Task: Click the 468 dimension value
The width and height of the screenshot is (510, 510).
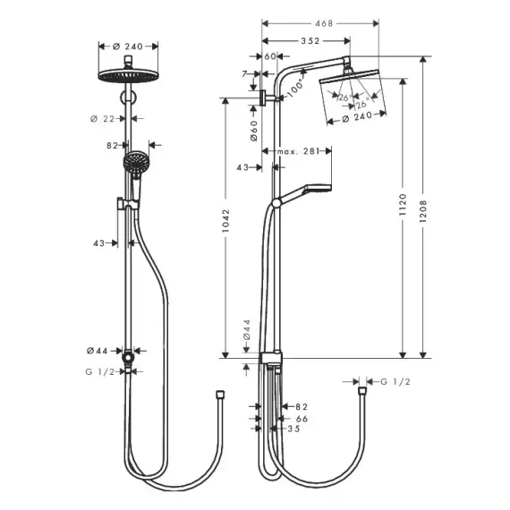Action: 324,23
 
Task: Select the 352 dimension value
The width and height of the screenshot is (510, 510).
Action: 310,41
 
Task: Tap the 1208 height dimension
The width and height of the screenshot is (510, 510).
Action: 422,211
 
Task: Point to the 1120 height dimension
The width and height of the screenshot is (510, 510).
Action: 403,204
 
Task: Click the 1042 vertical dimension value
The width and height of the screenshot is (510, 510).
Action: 225,220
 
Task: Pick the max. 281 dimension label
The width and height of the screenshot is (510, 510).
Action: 298,151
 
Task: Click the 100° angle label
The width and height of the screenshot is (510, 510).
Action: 295,87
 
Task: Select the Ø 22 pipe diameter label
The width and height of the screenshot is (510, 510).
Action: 103,119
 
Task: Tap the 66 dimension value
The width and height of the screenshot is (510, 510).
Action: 302,419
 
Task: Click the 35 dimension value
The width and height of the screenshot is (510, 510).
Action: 293,429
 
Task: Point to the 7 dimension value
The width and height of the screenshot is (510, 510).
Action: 244,74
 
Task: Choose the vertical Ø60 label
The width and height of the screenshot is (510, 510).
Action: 254,131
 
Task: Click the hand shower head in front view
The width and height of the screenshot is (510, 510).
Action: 135,163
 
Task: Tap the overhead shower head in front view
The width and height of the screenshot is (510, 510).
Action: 128,76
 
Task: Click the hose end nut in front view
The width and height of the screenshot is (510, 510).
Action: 220,395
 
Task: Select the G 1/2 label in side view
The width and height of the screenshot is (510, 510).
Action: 395,381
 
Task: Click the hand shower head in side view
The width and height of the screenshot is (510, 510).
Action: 318,189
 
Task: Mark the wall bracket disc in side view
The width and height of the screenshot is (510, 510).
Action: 263,98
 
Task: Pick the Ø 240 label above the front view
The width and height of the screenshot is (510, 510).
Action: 128,47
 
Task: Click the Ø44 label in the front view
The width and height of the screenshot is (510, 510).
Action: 97,351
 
